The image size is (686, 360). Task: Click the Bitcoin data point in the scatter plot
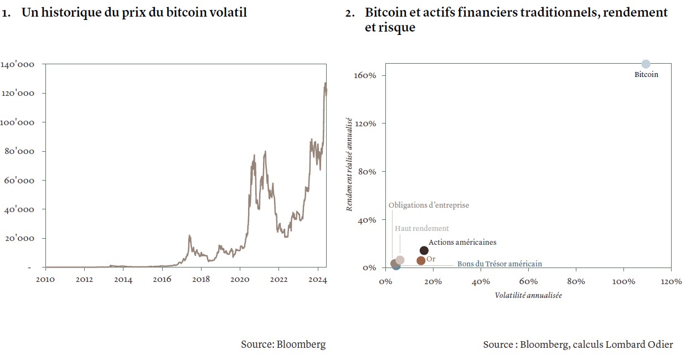(646, 64)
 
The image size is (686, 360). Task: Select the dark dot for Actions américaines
(424, 251)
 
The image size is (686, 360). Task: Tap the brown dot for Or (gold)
(421, 260)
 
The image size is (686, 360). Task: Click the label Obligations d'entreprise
(429, 205)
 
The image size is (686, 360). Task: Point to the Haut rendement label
(422, 229)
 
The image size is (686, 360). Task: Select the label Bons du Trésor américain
(499, 264)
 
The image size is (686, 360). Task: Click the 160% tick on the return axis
(365, 75)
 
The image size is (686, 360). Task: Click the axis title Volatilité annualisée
(528, 296)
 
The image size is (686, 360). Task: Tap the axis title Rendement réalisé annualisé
(349, 164)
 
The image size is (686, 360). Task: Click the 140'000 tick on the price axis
(18, 65)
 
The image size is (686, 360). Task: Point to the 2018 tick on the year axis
(201, 280)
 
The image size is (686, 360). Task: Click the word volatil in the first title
(228, 13)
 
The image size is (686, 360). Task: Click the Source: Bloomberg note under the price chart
(283, 344)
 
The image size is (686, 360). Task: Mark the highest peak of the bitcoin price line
(325, 83)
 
